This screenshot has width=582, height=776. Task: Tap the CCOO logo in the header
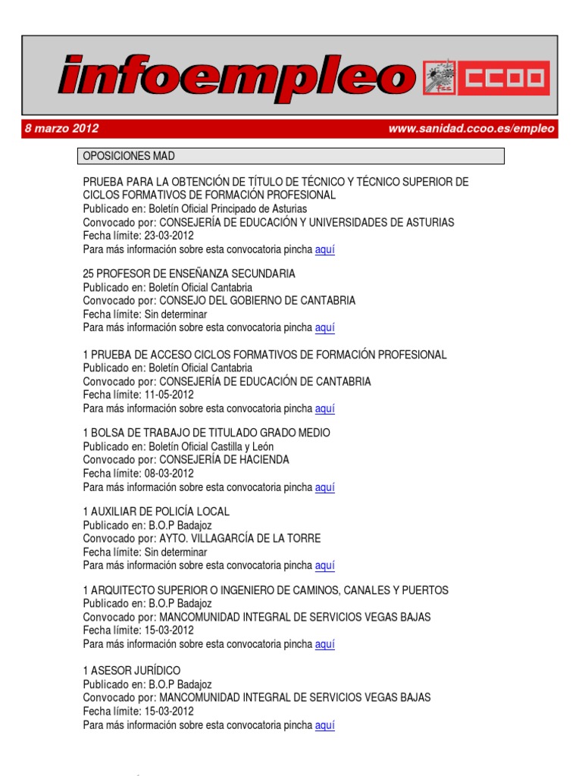(486, 78)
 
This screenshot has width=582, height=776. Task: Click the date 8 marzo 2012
(61, 129)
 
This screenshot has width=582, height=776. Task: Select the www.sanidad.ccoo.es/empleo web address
(471, 129)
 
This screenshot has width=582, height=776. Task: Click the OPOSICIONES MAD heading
(129, 156)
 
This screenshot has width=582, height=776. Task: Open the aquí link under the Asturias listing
(325, 249)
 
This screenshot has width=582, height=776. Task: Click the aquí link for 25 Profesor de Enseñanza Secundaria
(325, 327)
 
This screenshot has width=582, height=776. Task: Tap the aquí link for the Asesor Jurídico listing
(325, 725)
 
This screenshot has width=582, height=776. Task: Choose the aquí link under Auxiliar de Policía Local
(325, 565)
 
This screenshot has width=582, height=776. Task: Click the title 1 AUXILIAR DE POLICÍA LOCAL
(156, 512)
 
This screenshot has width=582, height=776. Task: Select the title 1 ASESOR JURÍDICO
(132, 671)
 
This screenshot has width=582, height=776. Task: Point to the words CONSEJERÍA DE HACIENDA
(224, 459)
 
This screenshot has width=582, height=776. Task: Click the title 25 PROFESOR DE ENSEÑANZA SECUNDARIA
(189, 273)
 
